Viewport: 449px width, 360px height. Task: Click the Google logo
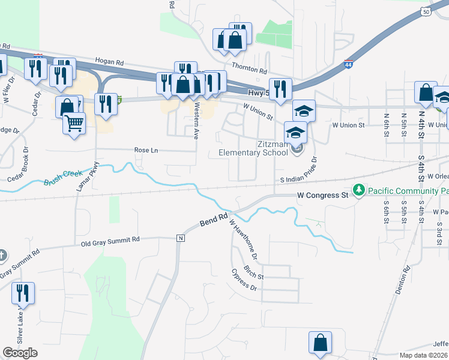coord(20,353)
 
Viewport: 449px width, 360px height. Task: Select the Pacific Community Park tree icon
coord(359,190)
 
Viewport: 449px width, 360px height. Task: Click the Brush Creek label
coord(64,176)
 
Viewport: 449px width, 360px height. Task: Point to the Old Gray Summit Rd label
coord(110,239)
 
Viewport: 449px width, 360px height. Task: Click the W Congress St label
coord(323,195)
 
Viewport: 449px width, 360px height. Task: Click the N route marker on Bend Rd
coord(180,238)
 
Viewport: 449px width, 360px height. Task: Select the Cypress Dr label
coord(244,280)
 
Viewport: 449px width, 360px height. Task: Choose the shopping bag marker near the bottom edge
coord(321,343)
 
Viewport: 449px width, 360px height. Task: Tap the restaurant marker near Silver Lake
coord(24,293)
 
